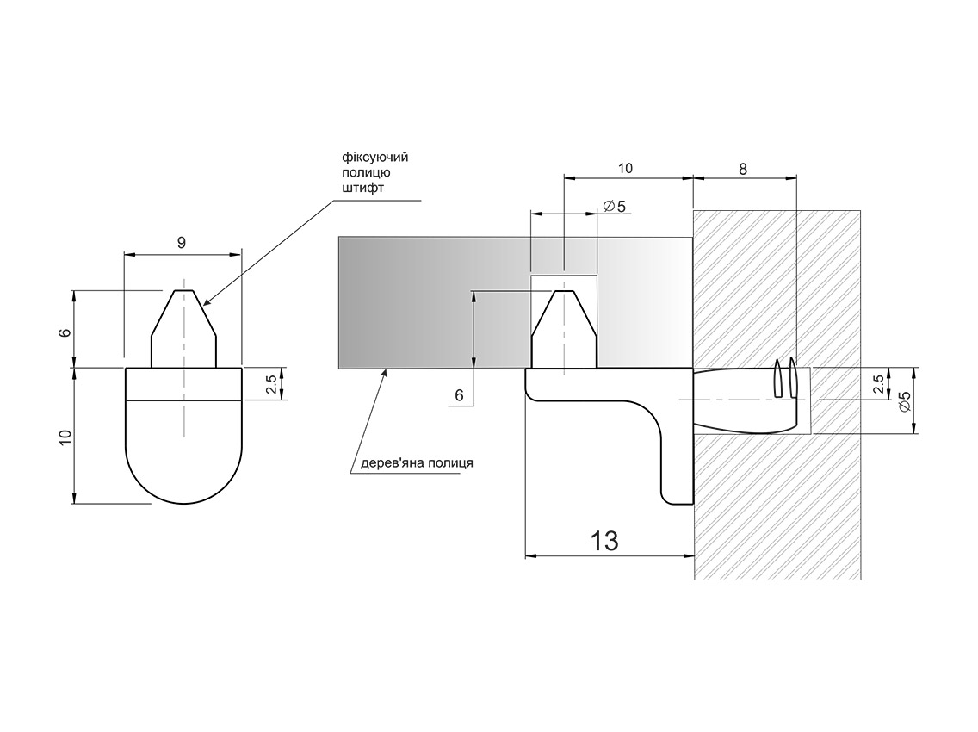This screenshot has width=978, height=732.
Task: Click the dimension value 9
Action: [x=182, y=243]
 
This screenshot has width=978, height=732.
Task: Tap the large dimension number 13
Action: [x=604, y=541]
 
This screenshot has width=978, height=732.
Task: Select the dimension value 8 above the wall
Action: [x=743, y=169]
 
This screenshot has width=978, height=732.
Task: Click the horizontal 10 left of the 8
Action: [x=625, y=169]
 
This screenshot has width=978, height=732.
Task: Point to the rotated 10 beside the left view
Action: [x=65, y=437]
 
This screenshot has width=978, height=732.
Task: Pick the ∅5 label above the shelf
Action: [x=615, y=205]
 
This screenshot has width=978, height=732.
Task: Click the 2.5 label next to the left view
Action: [x=272, y=384]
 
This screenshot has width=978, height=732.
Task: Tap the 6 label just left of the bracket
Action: [x=460, y=395]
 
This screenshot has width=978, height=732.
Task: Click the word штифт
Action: [x=363, y=188]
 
